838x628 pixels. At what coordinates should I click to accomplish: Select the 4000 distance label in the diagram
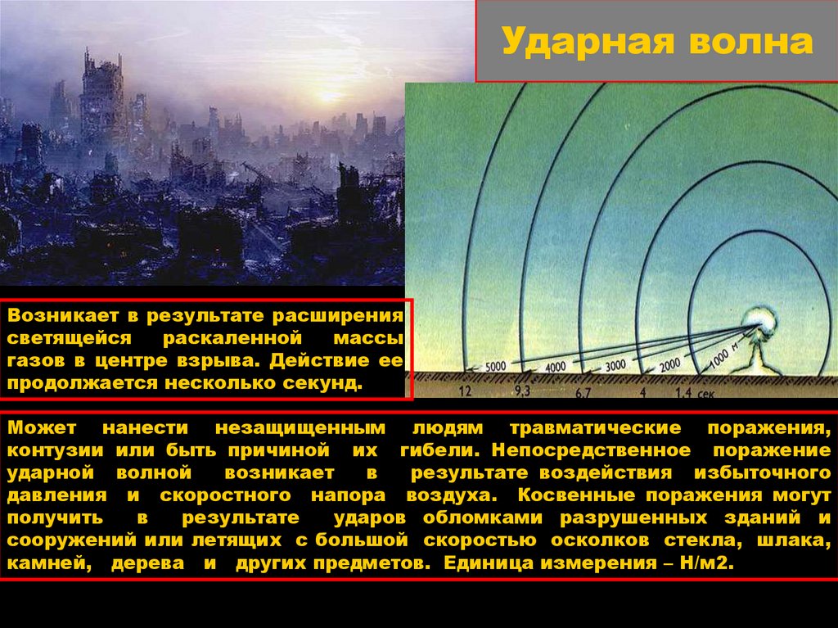pyautogui.click(x=556, y=366)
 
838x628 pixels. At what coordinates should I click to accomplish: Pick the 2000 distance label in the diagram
pyautogui.click(x=669, y=363)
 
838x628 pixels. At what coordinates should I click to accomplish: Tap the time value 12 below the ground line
pyautogui.click(x=466, y=392)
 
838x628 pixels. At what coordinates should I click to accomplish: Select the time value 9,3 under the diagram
pyautogui.click(x=524, y=393)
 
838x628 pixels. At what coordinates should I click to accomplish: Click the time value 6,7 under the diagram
pyautogui.click(x=583, y=393)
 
